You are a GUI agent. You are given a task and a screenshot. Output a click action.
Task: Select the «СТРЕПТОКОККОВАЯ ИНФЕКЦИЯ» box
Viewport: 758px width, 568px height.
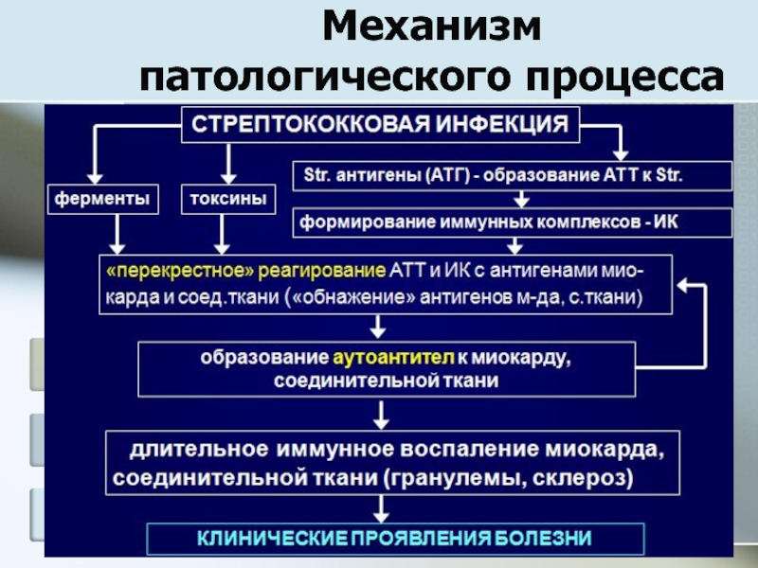pos(381,124)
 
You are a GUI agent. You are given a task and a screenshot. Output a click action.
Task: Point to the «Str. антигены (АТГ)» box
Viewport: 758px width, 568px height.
pos(513,176)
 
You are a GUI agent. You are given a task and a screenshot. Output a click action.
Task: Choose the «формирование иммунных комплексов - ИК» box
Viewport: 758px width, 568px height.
pos(513,222)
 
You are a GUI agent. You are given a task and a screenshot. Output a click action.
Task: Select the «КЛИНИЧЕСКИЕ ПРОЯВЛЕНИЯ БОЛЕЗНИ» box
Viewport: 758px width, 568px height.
pos(394,539)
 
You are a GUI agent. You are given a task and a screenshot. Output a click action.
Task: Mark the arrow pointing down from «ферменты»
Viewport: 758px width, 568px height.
pos(117,232)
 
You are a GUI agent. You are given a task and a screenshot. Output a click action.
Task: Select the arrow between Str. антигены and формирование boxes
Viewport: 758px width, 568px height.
pos(520,199)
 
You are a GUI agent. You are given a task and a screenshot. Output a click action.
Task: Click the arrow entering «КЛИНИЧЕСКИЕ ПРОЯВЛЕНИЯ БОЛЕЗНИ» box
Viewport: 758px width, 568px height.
pos(380,511)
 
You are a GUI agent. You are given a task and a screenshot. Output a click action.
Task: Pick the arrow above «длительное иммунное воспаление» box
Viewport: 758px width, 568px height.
pos(380,415)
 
